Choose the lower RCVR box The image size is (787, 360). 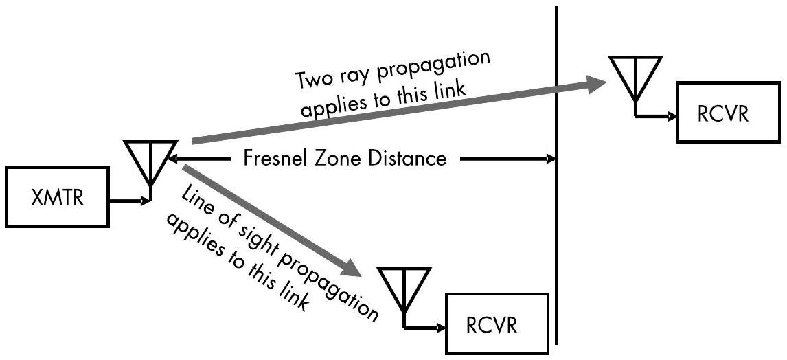[x=497, y=324]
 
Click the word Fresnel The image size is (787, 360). [x=273, y=159]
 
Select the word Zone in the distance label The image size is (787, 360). [x=334, y=159]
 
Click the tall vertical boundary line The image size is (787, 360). [x=556, y=206]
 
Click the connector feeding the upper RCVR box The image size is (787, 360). [x=656, y=117]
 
